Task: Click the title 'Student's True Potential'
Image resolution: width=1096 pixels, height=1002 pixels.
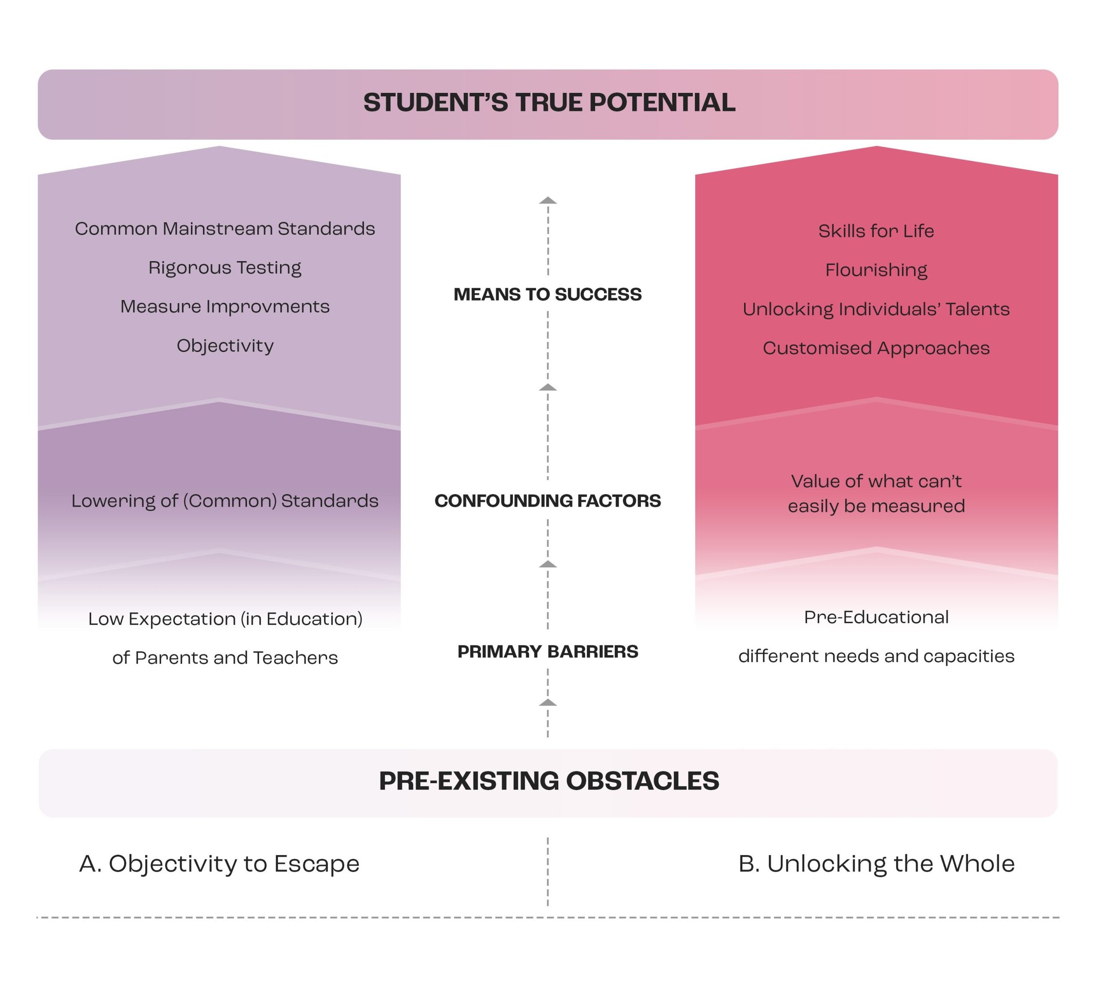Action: tap(549, 103)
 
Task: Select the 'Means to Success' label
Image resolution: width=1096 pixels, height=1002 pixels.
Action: tap(548, 294)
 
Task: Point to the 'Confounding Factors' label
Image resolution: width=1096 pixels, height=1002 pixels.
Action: tap(548, 500)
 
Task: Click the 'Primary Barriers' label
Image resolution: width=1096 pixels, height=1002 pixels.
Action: tap(548, 651)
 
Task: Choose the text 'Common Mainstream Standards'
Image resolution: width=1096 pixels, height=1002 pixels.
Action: tap(224, 228)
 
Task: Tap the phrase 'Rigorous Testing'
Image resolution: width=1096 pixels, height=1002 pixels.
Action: tap(224, 267)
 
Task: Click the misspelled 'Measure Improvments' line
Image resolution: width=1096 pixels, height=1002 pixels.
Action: tap(224, 307)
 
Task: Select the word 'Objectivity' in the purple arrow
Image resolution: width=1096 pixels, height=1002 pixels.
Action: tap(224, 346)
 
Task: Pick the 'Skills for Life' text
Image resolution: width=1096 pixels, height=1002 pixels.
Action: tap(876, 231)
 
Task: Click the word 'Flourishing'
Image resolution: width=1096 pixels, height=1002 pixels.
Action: tap(876, 270)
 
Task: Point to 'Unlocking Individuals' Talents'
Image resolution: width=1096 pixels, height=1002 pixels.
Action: tap(876, 309)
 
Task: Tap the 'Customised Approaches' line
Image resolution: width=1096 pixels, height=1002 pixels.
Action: tap(876, 348)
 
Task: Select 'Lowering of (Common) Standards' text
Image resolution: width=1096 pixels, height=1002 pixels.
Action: tap(224, 500)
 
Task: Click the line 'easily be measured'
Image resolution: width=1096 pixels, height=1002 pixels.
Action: tap(876, 506)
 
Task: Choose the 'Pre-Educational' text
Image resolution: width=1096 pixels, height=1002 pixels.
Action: tap(876, 617)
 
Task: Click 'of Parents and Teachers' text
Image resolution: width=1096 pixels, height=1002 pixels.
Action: tap(224, 657)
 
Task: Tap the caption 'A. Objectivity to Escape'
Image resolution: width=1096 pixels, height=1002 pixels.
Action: tap(219, 863)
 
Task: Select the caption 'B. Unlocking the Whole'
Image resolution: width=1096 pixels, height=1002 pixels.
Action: tap(876, 863)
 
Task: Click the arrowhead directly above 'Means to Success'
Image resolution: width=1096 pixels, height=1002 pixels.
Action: tap(548, 200)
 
